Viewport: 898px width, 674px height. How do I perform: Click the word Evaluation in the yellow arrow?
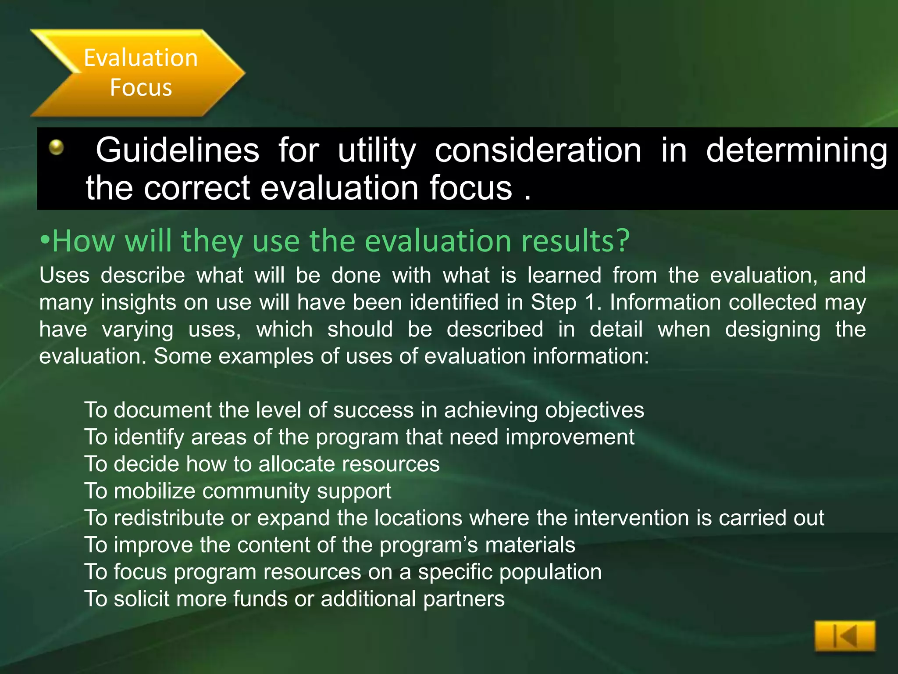141,58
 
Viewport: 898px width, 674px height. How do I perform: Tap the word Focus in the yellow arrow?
141,87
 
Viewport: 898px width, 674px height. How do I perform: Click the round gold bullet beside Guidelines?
56,147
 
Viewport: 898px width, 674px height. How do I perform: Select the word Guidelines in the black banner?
178,150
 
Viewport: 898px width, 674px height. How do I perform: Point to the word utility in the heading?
377,151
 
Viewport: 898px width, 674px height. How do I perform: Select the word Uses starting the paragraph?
64,276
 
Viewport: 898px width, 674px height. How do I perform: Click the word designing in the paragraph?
773,330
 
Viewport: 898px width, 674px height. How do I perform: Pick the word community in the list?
256,491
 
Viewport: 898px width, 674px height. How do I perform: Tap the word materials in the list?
530,545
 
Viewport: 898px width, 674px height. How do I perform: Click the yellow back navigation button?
845,636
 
